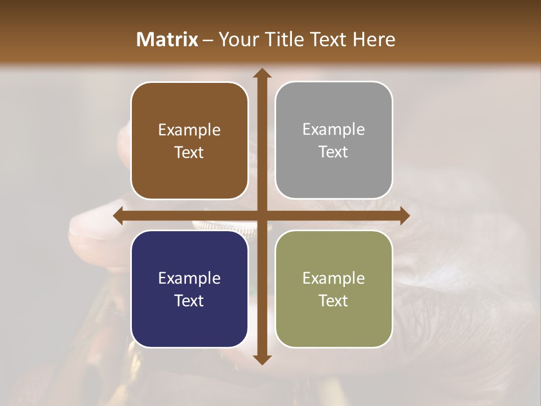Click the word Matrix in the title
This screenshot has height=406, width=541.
tap(167, 39)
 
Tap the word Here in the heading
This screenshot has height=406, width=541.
tap(374, 39)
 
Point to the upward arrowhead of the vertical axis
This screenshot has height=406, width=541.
tap(261, 73)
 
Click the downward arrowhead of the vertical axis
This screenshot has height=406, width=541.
tap(261, 359)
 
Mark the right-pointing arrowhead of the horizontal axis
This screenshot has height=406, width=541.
tap(404, 215)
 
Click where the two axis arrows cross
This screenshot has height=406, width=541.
tap(261, 215)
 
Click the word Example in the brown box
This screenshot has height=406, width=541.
tap(189, 130)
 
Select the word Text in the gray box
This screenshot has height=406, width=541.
tap(334, 152)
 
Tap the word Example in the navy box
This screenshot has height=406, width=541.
tap(189, 279)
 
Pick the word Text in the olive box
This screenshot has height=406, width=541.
tap(334, 301)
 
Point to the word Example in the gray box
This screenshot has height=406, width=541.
tap(334, 130)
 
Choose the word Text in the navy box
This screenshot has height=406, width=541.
tap(189, 301)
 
